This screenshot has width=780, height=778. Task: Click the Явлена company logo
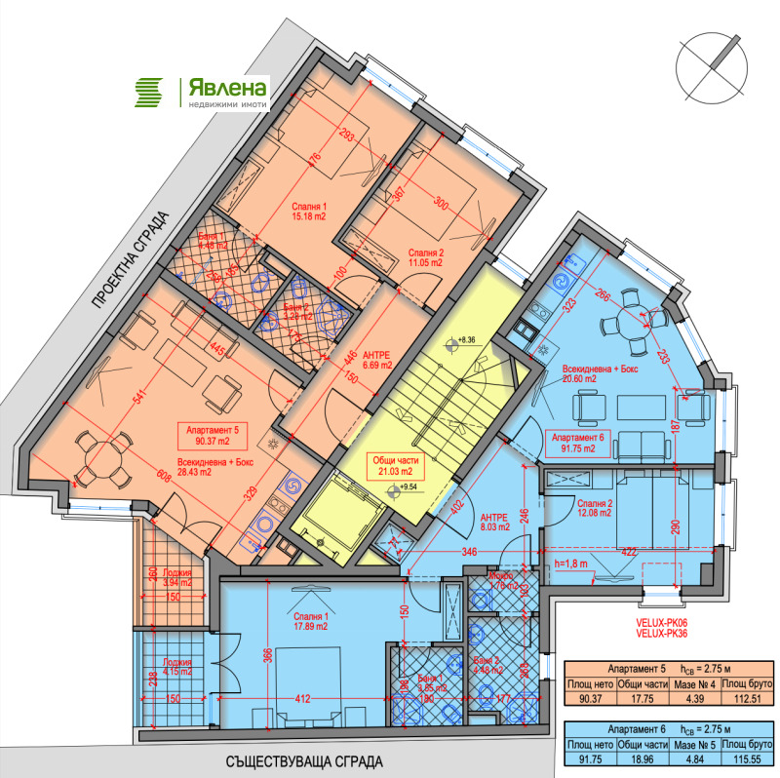(202, 91)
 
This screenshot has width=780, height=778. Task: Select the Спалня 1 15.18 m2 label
(310, 212)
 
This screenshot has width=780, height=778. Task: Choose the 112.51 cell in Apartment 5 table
(742, 697)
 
